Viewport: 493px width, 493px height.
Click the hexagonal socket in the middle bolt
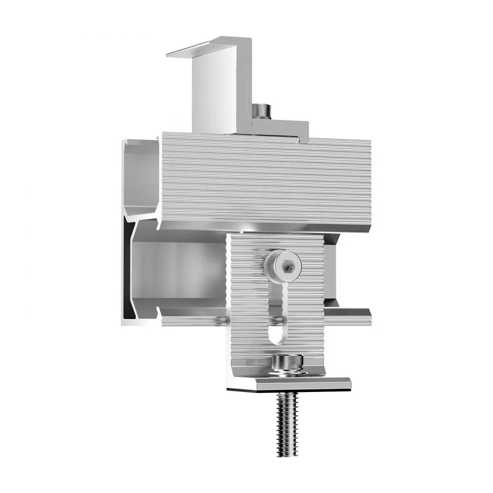(287, 267)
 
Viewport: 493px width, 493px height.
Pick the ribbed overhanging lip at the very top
(207, 47)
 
